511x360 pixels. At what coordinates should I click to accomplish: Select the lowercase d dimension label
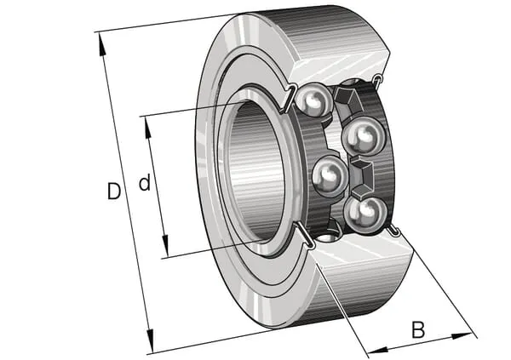(145, 183)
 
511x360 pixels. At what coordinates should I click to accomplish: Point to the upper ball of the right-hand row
(364, 134)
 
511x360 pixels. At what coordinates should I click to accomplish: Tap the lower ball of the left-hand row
(329, 176)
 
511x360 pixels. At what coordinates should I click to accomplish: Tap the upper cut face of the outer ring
(341, 60)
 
